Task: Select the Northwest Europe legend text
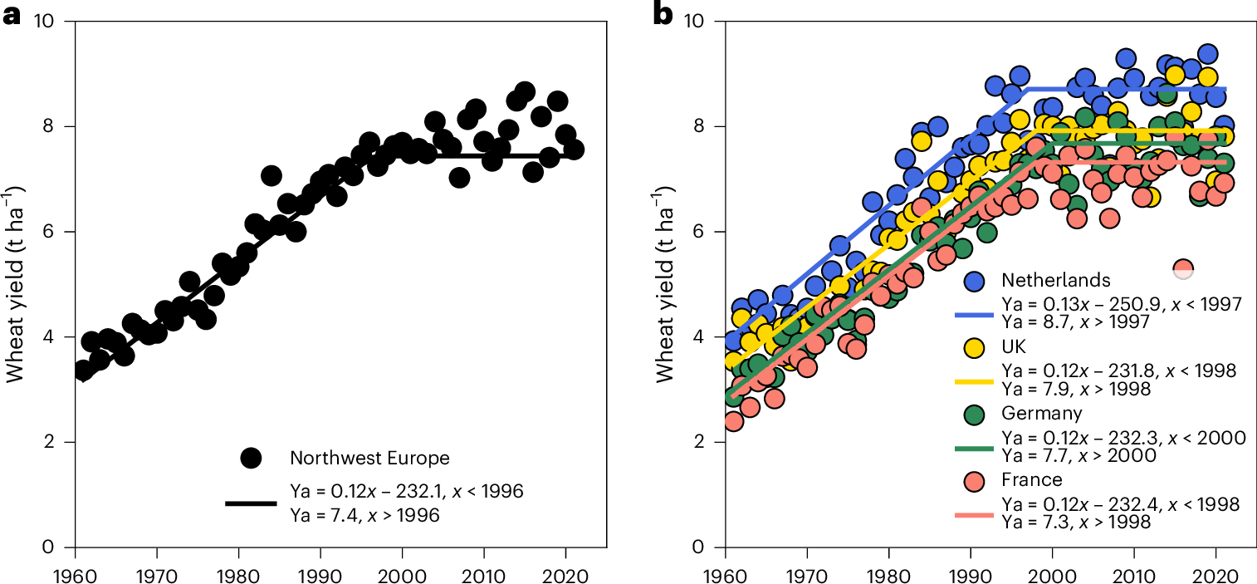click(358, 458)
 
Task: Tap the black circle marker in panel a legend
click(250, 457)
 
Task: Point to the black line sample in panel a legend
click(250, 503)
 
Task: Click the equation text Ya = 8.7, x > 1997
click(1077, 321)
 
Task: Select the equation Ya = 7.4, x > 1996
click(365, 515)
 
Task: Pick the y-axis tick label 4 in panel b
click(697, 337)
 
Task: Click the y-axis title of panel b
click(665, 284)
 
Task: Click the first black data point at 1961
click(82, 371)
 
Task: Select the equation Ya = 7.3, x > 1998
click(1077, 523)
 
